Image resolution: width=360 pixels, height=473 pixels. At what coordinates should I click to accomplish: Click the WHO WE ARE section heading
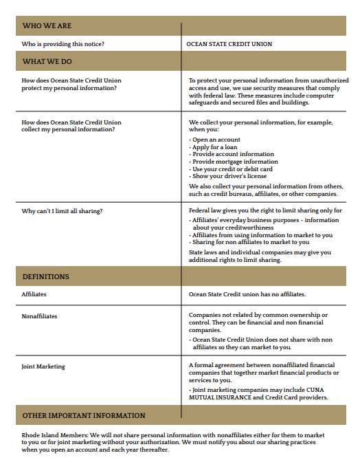[x=47, y=25]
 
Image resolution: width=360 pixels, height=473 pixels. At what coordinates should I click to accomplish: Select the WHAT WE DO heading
[x=47, y=61]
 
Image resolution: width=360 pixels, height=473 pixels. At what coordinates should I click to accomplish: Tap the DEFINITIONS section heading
[x=45, y=276]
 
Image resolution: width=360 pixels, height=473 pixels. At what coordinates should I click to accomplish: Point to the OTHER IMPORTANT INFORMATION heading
[x=84, y=415]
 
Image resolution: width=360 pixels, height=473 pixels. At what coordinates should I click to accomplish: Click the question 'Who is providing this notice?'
[x=63, y=44]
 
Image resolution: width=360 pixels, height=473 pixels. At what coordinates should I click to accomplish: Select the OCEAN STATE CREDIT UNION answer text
[x=229, y=44]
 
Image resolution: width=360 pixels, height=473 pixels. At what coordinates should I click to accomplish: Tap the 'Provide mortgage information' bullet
[x=235, y=162]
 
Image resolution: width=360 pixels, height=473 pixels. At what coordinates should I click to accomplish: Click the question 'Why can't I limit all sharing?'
[x=62, y=211]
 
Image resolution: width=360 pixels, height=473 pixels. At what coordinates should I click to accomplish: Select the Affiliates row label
[x=34, y=294]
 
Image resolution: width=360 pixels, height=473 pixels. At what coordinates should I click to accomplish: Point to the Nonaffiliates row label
[x=39, y=316]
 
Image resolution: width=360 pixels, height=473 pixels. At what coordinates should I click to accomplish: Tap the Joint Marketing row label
[x=43, y=366]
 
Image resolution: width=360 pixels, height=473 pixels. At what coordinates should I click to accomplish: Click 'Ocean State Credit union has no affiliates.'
[x=247, y=294]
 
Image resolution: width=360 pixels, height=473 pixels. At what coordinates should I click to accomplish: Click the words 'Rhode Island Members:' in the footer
[x=54, y=435]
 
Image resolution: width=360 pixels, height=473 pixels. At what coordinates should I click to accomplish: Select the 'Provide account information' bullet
[x=233, y=154]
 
